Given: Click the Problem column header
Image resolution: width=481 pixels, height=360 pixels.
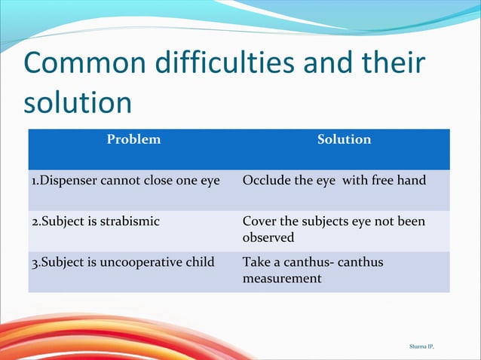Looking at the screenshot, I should [x=133, y=139].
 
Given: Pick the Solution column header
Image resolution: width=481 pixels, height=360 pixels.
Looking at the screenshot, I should [x=344, y=139].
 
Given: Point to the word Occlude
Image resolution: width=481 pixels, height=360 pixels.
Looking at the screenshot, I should [x=265, y=181].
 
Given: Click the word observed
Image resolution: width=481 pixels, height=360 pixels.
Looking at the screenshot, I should [x=268, y=237].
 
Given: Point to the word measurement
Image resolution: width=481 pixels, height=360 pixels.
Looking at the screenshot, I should [x=282, y=279].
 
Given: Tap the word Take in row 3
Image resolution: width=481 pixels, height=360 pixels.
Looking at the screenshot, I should [x=256, y=262].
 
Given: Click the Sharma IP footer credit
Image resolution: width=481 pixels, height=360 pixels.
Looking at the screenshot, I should [x=422, y=346].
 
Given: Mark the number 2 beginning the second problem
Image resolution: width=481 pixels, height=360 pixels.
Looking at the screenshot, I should [x=34, y=221].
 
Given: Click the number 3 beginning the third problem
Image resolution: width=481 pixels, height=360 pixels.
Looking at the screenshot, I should [x=34, y=262].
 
